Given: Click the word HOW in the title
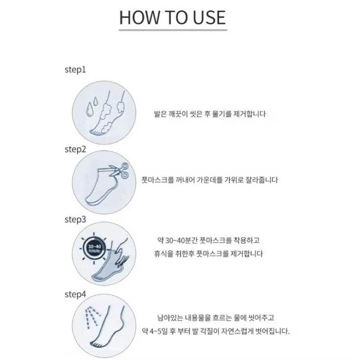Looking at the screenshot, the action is click(x=139, y=18).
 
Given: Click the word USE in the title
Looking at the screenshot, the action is click(x=209, y=18).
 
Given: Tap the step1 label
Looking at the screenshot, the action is click(x=75, y=70).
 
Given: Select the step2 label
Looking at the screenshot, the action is click(x=75, y=149).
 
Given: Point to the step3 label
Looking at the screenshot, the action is click(x=75, y=220).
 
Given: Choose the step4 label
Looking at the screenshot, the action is click(x=75, y=294).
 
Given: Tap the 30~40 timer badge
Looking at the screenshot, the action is click(x=94, y=248).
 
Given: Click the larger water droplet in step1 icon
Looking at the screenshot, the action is click(x=89, y=109).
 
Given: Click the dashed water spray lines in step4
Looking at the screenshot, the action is click(x=93, y=317).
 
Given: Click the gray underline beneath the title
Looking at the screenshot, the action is click(x=173, y=30).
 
